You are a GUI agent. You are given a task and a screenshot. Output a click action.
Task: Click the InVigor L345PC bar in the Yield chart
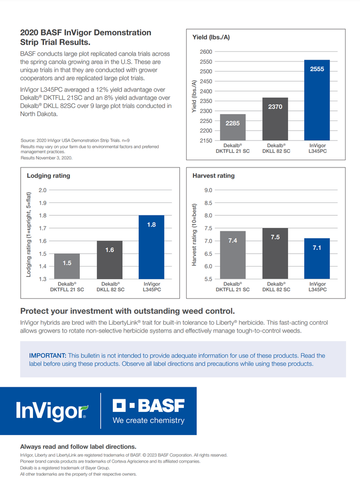(x=317, y=100)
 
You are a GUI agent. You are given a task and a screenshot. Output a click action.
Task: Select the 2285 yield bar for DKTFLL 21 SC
(x=233, y=127)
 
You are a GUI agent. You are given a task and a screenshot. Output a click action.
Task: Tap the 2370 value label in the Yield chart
(x=275, y=107)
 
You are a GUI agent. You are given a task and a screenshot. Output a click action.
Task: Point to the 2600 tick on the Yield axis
(x=206, y=52)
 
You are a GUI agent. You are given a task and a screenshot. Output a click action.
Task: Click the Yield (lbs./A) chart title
(x=211, y=37)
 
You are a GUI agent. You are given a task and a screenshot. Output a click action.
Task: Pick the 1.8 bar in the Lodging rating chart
(x=151, y=247)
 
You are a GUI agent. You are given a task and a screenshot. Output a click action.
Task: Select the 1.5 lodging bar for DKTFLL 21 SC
(x=67, y=266)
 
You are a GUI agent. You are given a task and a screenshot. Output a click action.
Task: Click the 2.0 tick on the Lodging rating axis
(x=43, y=190)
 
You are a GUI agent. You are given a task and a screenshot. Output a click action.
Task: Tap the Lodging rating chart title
(x=48, y=176)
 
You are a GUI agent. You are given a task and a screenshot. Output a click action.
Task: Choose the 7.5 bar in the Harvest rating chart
(x=275, y=254)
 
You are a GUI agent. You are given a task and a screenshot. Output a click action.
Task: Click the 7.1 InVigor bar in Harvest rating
(x=317, y=258)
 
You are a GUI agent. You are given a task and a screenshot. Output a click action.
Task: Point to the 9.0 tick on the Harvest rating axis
(x=208, y=190)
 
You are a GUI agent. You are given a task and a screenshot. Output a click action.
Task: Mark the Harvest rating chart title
(x=213, y=176)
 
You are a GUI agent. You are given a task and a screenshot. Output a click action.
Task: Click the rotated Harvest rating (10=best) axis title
(x=194, y=235)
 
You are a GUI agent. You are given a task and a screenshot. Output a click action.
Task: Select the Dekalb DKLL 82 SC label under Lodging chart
(x=110, y=287)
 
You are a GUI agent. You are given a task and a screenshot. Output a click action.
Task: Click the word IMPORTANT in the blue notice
(x=47, y=356)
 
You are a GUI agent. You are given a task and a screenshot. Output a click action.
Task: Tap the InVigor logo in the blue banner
(x=52, y=411)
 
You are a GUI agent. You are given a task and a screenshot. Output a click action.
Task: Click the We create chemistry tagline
(x=149, y=421)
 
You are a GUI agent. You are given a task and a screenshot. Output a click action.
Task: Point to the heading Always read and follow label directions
(x=78, y=447)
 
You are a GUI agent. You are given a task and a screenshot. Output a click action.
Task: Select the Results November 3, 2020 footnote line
(x=46, y=158)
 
